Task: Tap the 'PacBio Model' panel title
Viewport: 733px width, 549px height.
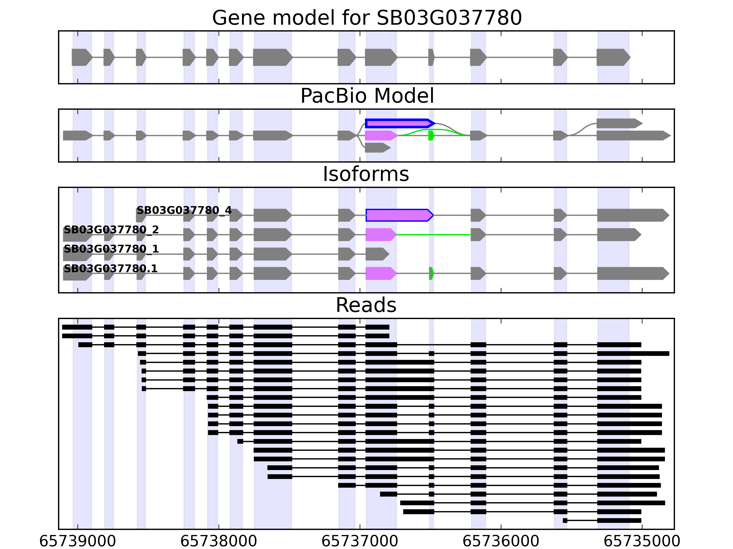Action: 367,96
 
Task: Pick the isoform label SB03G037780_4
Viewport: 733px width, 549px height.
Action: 184,210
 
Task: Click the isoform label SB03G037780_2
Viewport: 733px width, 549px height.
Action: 111,230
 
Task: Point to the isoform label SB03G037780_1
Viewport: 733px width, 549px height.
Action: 111,249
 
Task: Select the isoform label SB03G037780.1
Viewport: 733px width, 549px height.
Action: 110,268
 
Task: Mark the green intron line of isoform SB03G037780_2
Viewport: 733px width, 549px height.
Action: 434,235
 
